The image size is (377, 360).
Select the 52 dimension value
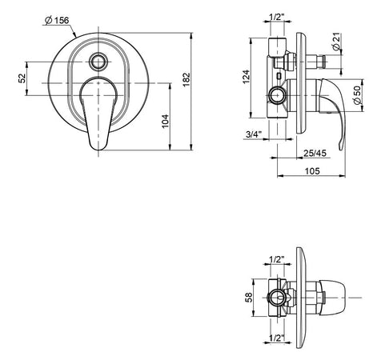click(22, 78)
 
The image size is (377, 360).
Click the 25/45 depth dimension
click(315, 153)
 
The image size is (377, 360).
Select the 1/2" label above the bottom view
click(276, 260)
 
